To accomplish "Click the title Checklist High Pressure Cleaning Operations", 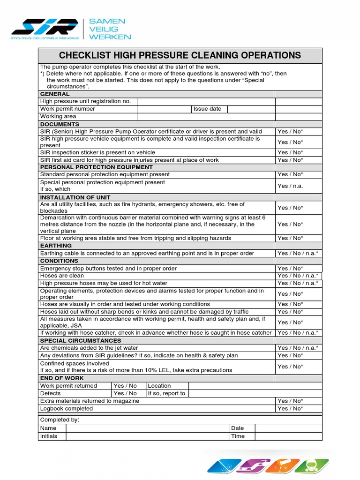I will coord(180,55).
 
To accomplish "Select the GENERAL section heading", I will coord(55,94).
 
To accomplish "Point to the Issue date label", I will coord(207,109).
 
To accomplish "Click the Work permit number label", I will coord(67,109).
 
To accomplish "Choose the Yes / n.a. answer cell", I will coord(290,186).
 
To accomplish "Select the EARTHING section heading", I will coord(56,246).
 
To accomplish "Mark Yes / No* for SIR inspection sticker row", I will coord(290,152).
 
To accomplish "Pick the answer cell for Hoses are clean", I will coord(298,276).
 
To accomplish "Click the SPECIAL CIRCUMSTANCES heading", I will coord(81,340).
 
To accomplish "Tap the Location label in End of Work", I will coord(159,386).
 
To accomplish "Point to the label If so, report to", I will coord(166,393).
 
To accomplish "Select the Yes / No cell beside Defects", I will coord(125,393).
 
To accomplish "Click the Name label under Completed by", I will coord(48,428).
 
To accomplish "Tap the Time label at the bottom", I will coord(238,436).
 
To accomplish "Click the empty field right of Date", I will coord(289,428).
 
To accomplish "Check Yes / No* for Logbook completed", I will coord(290,408).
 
